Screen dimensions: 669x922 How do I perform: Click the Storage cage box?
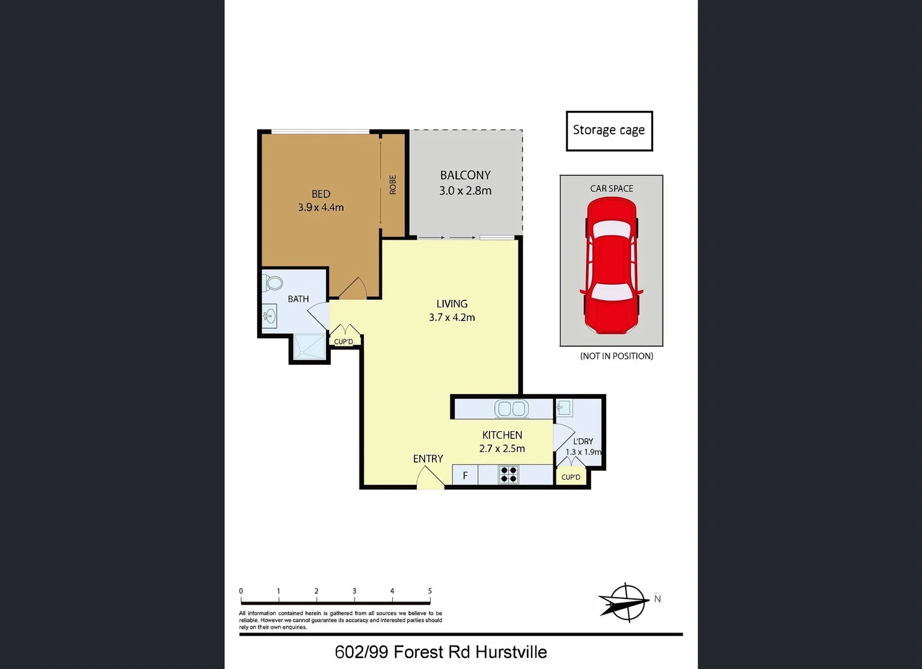coord(609,131)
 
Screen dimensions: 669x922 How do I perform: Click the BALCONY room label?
coord(465,175)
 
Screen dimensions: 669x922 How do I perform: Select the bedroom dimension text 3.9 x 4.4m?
coord(320,208)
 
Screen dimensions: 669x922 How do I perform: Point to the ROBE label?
coord(393,185)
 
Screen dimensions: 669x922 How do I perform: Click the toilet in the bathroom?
coord(273,283)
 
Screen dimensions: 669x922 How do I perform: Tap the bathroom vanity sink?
coord(269,316)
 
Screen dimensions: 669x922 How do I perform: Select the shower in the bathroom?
coord(309,347)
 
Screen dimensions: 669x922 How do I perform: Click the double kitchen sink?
coord(511,409)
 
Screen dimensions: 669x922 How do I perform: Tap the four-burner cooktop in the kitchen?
coord(509,475)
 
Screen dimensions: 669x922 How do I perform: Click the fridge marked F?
coord(465,475)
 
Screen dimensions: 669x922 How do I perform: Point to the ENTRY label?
coord(428,459)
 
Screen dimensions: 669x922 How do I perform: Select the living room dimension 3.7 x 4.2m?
coord(452,318)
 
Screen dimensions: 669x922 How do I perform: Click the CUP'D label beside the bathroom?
coord(343,342)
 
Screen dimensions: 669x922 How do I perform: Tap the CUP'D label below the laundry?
coord(571,477)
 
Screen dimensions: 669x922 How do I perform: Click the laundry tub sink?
coord(564,408)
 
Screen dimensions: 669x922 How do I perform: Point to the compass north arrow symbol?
coord(623,601)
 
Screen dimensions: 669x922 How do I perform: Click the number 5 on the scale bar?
coord(430,591)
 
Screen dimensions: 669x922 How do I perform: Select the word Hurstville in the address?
coord(511,652)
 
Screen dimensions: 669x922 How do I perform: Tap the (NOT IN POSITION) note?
coord(617,356)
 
